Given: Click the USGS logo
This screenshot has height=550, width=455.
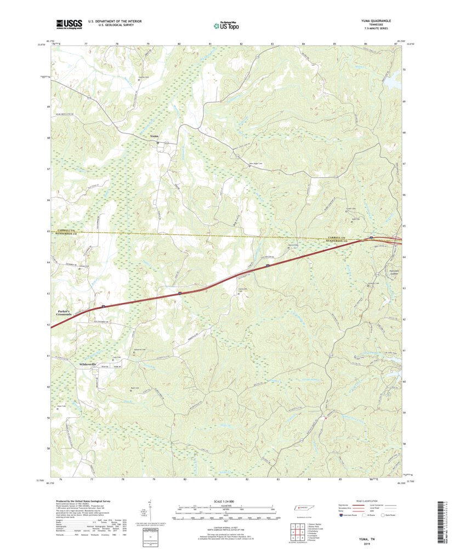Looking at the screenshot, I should [x=69, y=24].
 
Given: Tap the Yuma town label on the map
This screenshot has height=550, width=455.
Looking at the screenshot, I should [x=154, y=136].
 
